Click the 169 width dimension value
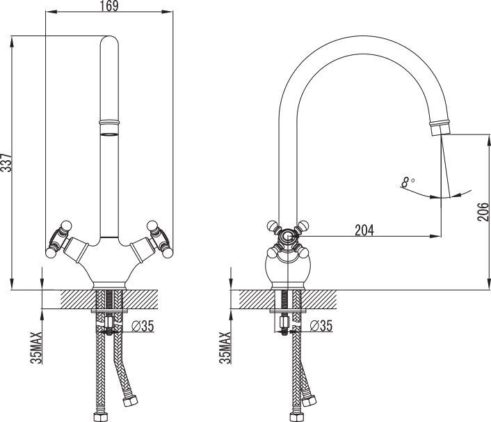[109, 6]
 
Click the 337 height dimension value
[6, 162]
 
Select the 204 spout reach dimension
[364, 230]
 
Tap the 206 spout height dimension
[483, 212]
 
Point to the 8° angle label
[408, 182]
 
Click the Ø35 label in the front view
[143, 326]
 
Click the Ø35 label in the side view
[321, 326]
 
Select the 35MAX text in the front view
[36, 347]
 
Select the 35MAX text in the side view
[225, 347]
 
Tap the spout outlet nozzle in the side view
[440, 127]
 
